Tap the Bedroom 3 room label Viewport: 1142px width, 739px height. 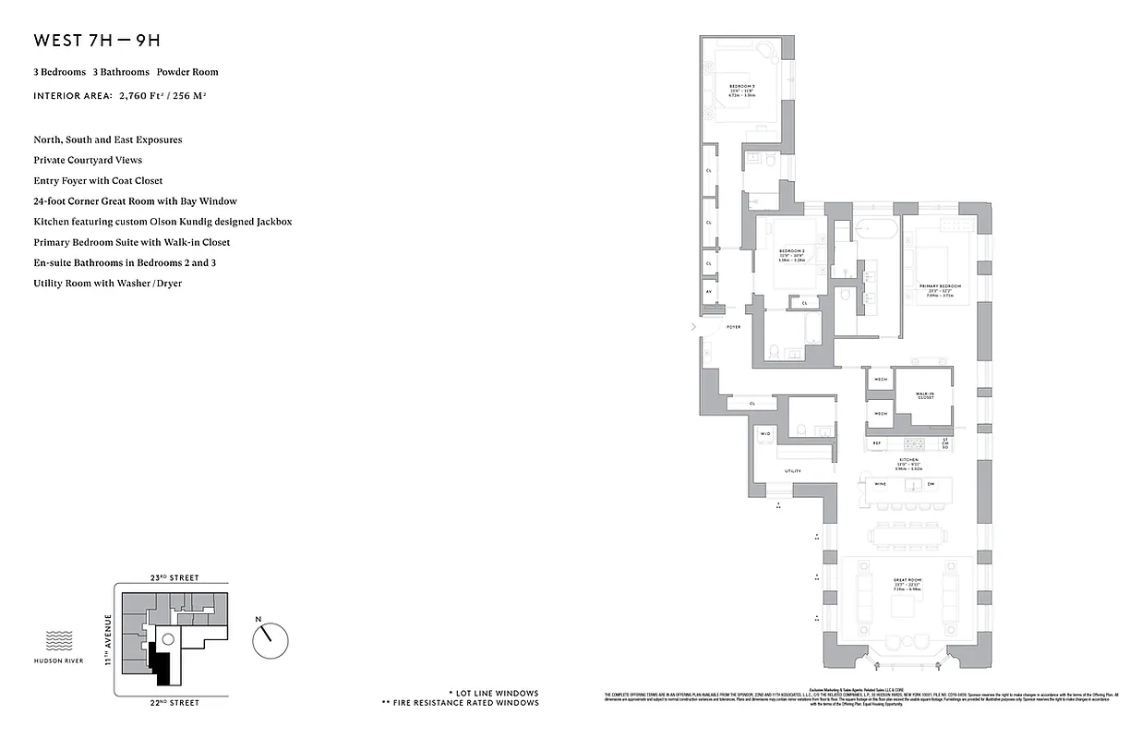click(x=742, y=90)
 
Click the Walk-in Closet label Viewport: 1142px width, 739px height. click(x=925, y=396)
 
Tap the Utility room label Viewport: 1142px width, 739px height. click(x=792, y=471)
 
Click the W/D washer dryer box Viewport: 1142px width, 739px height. click(x=765, y=433)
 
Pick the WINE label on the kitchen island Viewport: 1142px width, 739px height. click(x=881, y=484)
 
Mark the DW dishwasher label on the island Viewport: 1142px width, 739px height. click(x=931, y=484)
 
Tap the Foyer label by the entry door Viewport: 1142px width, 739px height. click(x=734, y=327)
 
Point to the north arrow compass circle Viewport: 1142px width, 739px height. click(x=270, y=638)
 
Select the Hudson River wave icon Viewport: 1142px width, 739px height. click(x=58, y=640)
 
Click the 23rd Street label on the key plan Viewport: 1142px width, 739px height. click(x=174, y=577)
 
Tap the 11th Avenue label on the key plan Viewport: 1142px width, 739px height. click(x=108, y=639)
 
